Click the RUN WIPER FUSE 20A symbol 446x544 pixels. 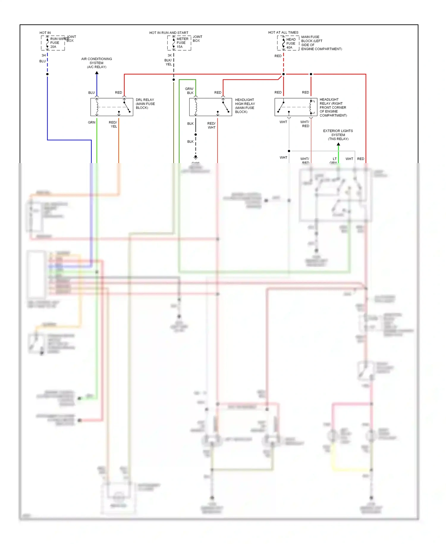coord(48,43)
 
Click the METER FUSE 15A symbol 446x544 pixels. coord(174,43)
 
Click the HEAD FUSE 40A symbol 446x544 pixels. coord(283,43)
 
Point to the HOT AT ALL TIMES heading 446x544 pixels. coord(283,32)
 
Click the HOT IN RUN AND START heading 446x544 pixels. coord(169,33)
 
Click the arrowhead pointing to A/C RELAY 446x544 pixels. coord(97,73)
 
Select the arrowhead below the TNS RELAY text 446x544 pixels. coord(338,144)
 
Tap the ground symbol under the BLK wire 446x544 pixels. coord(196,157)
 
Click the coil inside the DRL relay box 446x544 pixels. coord(97,107)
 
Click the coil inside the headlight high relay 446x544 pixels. coord(196,107)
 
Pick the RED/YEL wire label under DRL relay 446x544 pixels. coord(113,124)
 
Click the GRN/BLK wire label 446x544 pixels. coord(189,91)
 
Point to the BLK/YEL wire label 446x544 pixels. coord(168,62)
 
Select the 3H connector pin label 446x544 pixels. coord(43,55)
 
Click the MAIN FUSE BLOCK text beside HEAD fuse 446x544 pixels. coord(321,43)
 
